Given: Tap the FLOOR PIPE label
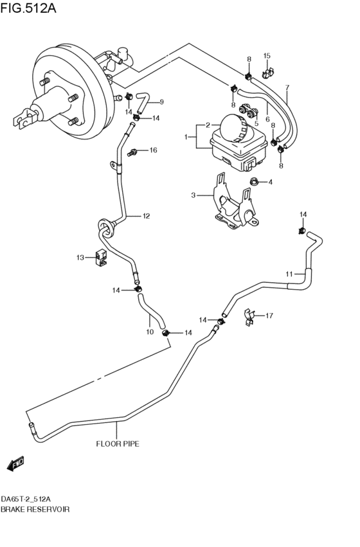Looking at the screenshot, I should click(x=118, y=444).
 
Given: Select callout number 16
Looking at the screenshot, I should click(x=153, y=150).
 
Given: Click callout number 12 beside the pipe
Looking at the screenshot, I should click(x=146, y=216).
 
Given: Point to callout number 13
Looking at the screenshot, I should click(x=81, y=258).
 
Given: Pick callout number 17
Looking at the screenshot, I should click(x=269, y=316).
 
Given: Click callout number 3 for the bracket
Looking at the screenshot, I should click(x=192, y=195).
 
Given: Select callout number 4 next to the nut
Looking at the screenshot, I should click(x=270, y=182).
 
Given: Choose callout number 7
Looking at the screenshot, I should click(x=287, y=87).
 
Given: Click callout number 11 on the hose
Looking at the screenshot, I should click(x=289, y=274).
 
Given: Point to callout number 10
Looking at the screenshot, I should click(x=149, y=332).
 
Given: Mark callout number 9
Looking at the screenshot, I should click(x=161, y=102).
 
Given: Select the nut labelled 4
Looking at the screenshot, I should click(x=253, y=182).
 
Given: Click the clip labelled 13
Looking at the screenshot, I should click(x=100, y=256).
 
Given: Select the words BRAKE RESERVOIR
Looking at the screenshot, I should click(x=35, y=509).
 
